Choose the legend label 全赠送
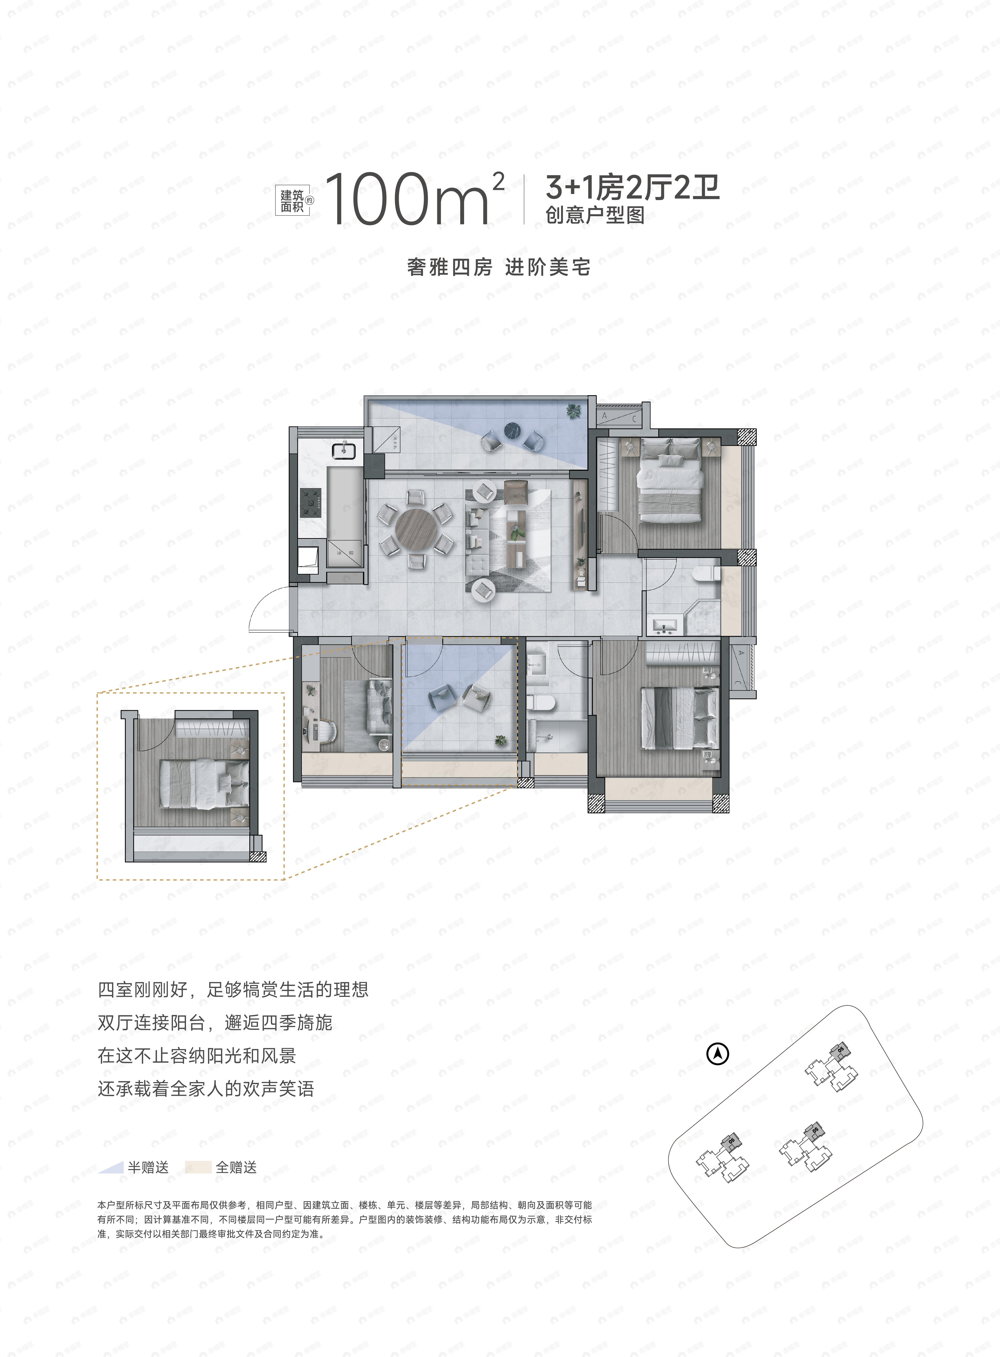click(236, 1167)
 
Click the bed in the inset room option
click(203, 784)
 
